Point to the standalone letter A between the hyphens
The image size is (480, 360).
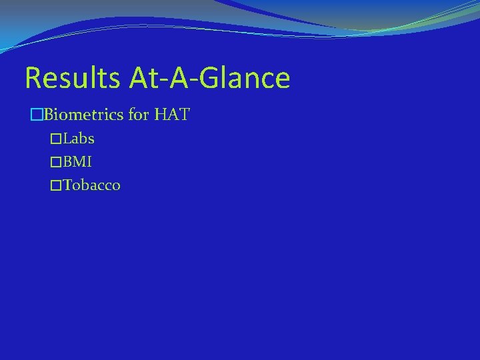point(179,78)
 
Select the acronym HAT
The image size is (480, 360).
point(172,115)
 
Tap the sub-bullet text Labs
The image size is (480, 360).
point(79,139)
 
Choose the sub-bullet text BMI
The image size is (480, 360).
point(78,162)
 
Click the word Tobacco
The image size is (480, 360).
point(92,185)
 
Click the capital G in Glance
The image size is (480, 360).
point(208,78)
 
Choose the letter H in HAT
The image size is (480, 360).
point(161,115)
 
